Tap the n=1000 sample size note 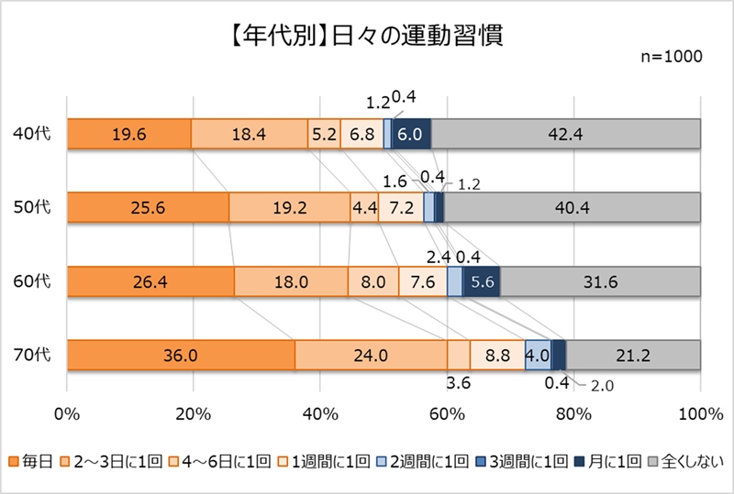pos(671,57)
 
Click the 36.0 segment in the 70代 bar pos(181,355)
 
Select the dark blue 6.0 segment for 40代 pos(412,134)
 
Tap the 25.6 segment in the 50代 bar pos(148,207)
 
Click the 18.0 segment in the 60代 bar pos(291,281)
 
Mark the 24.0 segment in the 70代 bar pos(371,355)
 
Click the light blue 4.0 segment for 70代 pos(538,355)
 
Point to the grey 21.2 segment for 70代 pos(633,355)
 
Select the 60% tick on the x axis pos(447,413)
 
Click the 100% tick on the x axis pos(700,413)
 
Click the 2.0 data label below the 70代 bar pos(602,386)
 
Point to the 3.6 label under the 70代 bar pos(458,382)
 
